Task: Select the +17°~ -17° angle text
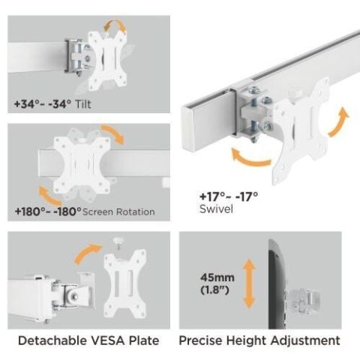point(229,196)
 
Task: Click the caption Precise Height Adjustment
point(259,341)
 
